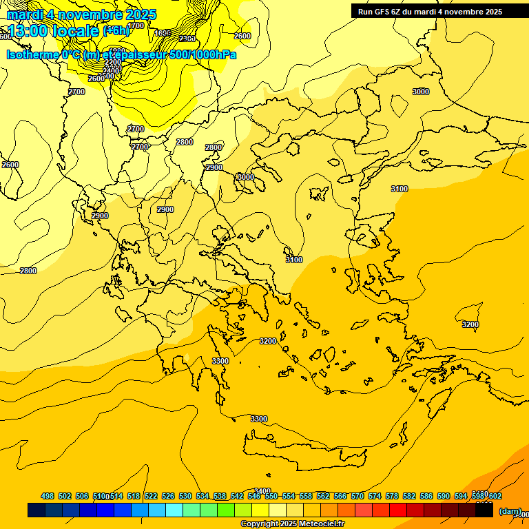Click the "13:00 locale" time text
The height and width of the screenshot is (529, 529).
pos(54,30)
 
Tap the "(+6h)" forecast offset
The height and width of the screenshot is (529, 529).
pos(115,31)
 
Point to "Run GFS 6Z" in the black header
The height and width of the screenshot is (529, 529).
pos(380,12)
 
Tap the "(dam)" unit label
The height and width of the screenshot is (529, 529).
pos(510,511)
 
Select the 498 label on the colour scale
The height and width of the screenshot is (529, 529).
pos(48,496)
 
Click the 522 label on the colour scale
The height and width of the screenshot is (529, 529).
pos(151,496)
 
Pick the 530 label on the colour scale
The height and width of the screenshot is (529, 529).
pos(185,496)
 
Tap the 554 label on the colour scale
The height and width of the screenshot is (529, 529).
pos(289,496)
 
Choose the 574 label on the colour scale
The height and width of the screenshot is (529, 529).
pos(375,496)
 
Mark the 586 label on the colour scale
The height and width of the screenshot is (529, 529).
pos(426,496)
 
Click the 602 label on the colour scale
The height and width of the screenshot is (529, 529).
pos(495,496)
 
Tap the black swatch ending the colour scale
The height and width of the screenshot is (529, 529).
pos(484,510)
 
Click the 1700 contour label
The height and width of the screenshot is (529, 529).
pos(136,25)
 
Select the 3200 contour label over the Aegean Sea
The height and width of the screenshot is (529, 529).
pos(268,341)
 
